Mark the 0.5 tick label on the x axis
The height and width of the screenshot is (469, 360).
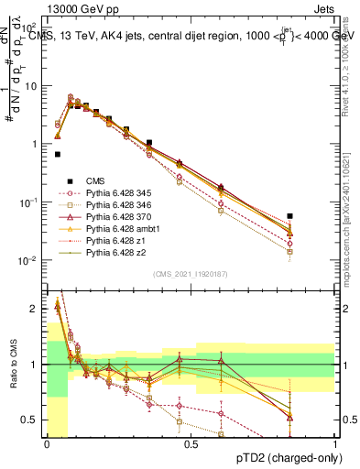(x=191, y=443)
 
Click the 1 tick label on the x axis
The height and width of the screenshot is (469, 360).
(x=334, y=443)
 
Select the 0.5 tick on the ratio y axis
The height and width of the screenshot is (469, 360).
(x=32, y=420)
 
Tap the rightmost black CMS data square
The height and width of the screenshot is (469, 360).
(x=290, y=216)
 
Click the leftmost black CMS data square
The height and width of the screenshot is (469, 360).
(x=58, y=155)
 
